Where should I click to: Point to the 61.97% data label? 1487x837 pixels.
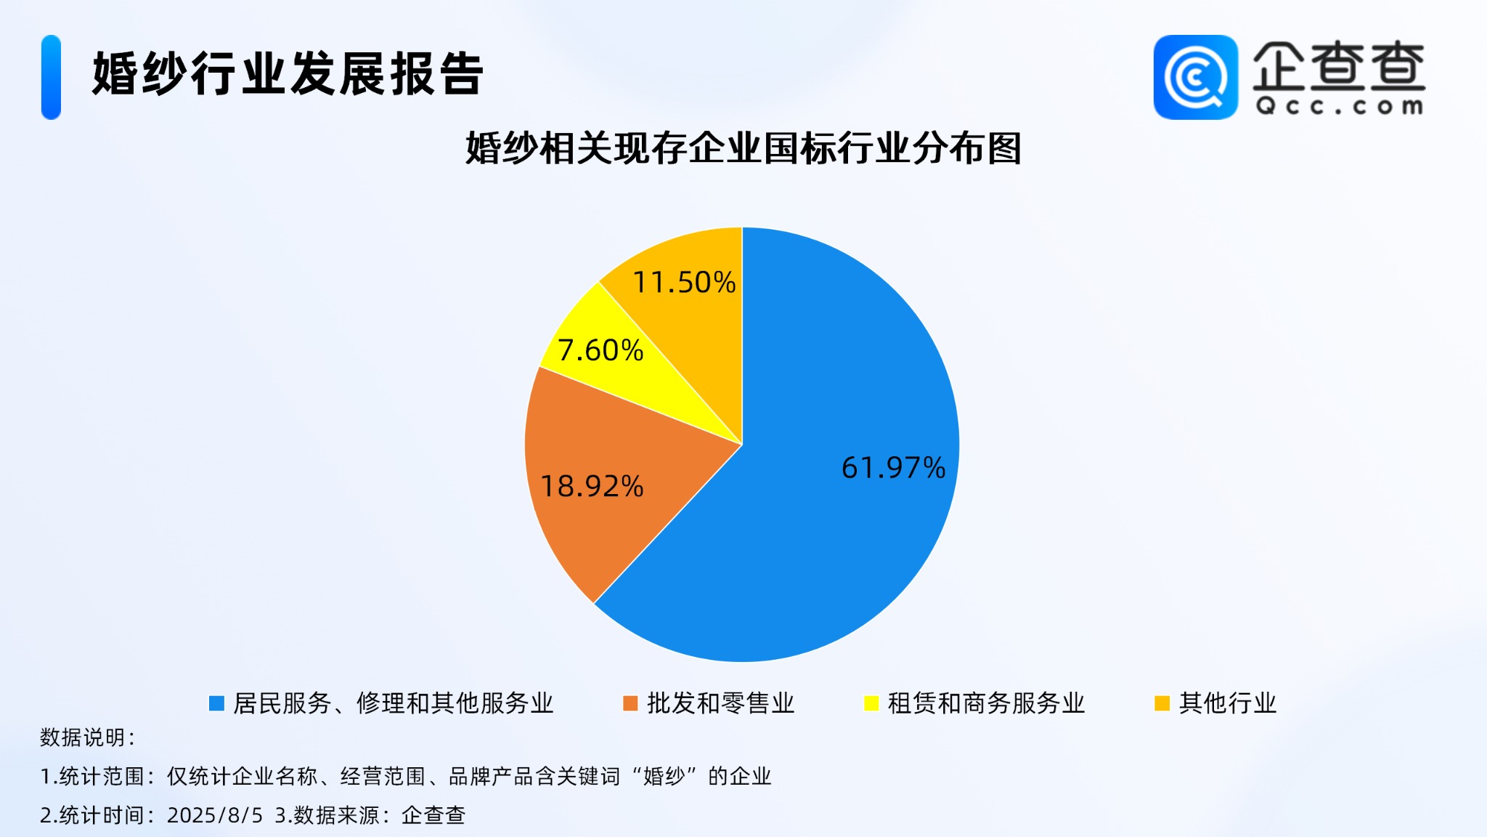point(893,468)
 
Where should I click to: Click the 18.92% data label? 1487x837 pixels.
point(592,486)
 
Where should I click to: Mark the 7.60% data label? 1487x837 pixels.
point(600,350)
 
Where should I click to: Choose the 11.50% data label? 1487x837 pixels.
point(685,282)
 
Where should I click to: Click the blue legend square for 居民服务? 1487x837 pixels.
point(216,703)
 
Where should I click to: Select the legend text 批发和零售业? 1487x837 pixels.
point(721,703)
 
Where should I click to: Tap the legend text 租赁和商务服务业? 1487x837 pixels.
point(986,703)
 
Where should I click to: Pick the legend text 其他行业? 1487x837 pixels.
point(1228,703)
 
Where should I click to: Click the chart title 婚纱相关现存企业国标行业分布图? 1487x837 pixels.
point(743,148)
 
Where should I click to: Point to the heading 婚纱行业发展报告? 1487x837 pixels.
point(288,74)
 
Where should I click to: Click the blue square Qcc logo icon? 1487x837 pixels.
point(1196,77)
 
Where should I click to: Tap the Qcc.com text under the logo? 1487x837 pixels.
point(1340,107)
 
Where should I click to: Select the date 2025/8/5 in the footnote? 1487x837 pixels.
point(215,815)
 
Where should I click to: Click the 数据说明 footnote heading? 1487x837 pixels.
point(87,737)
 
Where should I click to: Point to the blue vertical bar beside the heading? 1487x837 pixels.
point(51,77)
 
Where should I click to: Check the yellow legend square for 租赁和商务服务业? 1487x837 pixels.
point(871,703)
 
